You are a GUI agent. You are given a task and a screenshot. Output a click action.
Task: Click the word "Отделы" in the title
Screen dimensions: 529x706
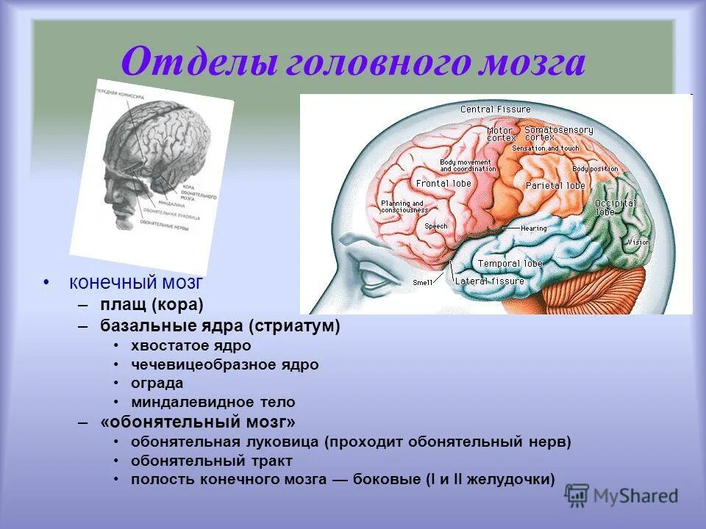pyautogui.click(x=193, y=62)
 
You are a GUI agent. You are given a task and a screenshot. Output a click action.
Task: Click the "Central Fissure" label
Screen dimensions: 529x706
pyautogui.click(x=495, y=109)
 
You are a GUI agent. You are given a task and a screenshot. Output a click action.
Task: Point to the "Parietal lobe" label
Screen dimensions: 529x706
pyautogui.click(x=555, y=186)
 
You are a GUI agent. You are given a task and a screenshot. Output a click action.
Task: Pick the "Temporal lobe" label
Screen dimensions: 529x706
pyautogui.click(x=510, y=264)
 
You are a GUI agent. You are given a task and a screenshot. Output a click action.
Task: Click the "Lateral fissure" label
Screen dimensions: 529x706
pyautogui.click(x=490, y=281)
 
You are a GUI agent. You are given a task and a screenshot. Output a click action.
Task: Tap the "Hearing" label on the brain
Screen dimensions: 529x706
pyautogui.click(x=533, y=228)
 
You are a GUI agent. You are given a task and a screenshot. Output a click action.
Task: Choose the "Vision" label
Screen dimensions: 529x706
pyautogui.click(x=638, y=242)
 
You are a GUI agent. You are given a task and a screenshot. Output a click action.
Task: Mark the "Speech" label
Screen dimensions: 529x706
pyautogui.click(x=435, y=227)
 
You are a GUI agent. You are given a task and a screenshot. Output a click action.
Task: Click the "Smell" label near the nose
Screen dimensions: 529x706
pyautogui.click(x=423, y=282)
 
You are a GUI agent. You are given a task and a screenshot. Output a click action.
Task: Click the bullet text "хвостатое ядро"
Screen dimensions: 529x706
pyautogui.click(x=191, y=345)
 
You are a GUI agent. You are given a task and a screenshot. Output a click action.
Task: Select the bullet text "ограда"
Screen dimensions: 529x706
pyautogui.click(x=157, y=384)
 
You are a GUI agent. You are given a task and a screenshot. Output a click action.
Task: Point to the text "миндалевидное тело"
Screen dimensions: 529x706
pyautogui.click(x=213, y=403)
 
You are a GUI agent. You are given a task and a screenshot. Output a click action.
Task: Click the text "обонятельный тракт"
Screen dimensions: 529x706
pyautogui.click(x=212, y=461)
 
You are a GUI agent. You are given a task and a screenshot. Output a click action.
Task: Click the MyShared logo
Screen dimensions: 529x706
pyautogui.click(x=621, y=496)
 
